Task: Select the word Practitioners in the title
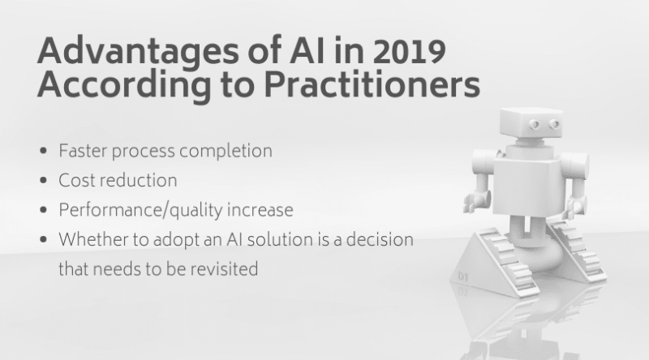pos(372,84)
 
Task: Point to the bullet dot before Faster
pos(43,151)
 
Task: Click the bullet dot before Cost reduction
pos(43,181)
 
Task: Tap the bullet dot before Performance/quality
pos(43,210)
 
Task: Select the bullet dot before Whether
pos(43,239)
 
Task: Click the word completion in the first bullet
pos(226,151)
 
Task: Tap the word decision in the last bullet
pos(380,239)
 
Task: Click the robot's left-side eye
pos(535,124)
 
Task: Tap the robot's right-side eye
pos(555,124)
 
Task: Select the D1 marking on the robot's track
pos(463,276)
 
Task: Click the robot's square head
pos(531,122)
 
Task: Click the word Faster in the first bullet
pos(83,151)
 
